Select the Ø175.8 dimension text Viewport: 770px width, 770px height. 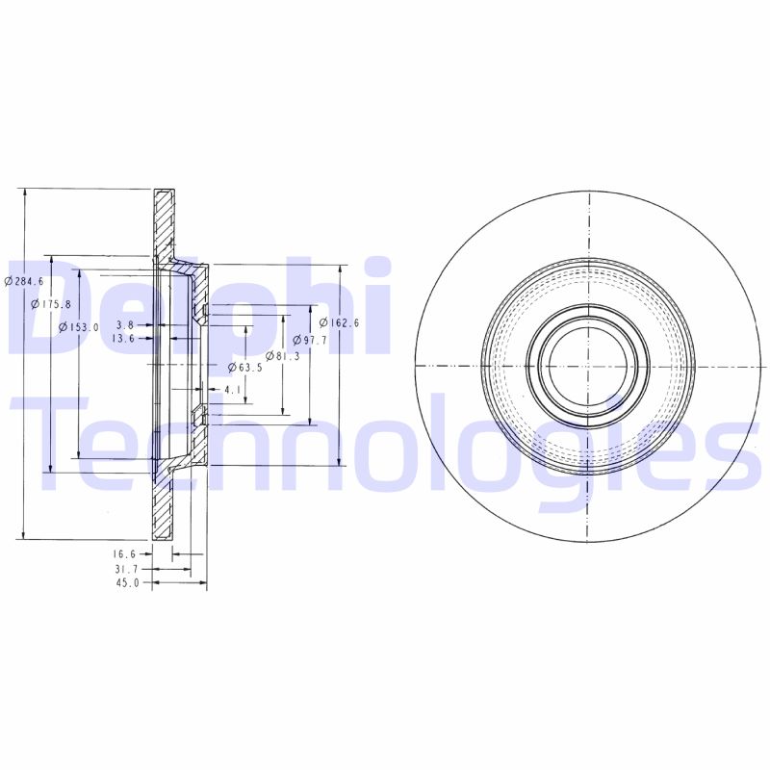click(51, 304)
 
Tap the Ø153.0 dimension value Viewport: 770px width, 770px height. click(79, 327)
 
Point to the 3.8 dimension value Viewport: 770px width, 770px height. click(124, 325)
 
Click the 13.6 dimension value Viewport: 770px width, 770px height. click(122, 339)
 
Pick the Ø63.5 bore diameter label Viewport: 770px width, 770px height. click(245, 368)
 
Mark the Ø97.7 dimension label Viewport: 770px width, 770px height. click(310, 341)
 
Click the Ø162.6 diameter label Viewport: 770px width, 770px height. click(339, 322)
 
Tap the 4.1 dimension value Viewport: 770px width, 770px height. click(232, 390)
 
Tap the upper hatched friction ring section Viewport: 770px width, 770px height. click(164, 219)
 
